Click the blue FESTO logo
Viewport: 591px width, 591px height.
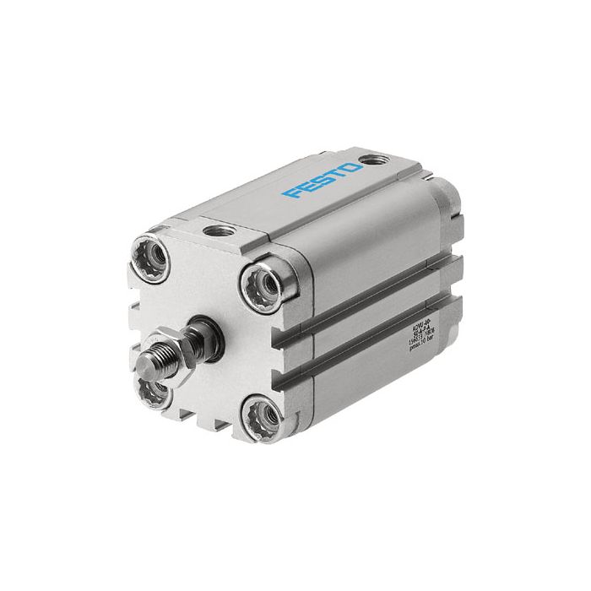coord(324,179)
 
